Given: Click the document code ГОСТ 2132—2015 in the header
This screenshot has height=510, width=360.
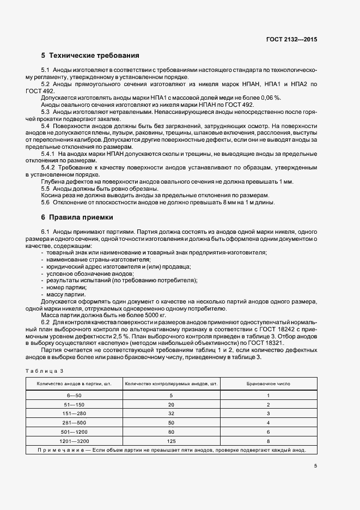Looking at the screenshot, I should tap(291, 39).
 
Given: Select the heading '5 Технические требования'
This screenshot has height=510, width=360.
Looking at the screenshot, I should tap(90, 56).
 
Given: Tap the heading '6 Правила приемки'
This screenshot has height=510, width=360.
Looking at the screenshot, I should tap(77, 217).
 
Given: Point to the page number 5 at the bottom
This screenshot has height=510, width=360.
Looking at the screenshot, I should tap(315, 465).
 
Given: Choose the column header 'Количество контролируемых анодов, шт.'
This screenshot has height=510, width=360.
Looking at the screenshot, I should tap(172, 384).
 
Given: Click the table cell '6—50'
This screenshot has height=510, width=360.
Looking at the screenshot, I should tap(74, 395).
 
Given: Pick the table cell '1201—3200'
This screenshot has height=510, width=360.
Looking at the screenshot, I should tap(74, 440).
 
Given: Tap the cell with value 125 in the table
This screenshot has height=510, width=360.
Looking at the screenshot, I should tap(171, 440).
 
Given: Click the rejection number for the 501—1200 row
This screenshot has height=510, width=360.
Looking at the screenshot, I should tap(268, 431).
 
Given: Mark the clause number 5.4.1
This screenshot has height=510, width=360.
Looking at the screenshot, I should tap(49, 154).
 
